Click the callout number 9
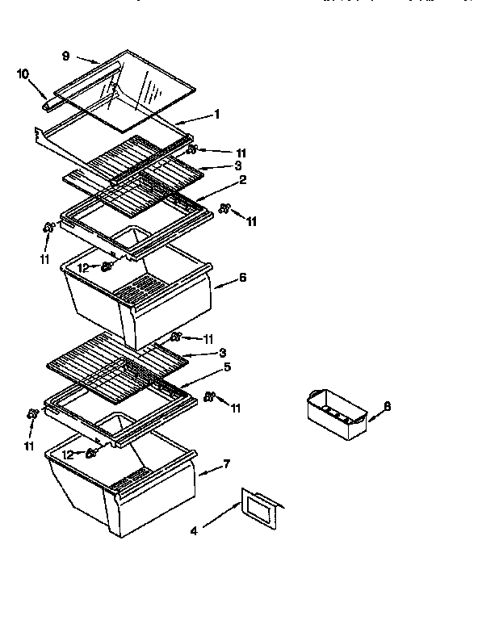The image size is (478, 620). pos(65,56)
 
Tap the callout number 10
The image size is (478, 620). pos(23,74)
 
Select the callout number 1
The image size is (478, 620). pos(217,115)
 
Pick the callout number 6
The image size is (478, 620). pos(242,277)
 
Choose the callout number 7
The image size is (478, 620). pos(227,463)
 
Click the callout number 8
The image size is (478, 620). pos(387,406)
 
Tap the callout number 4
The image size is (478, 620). pos(193,530)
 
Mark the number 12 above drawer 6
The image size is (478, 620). pos(82,266)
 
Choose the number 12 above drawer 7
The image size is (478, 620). pos(68,455)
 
